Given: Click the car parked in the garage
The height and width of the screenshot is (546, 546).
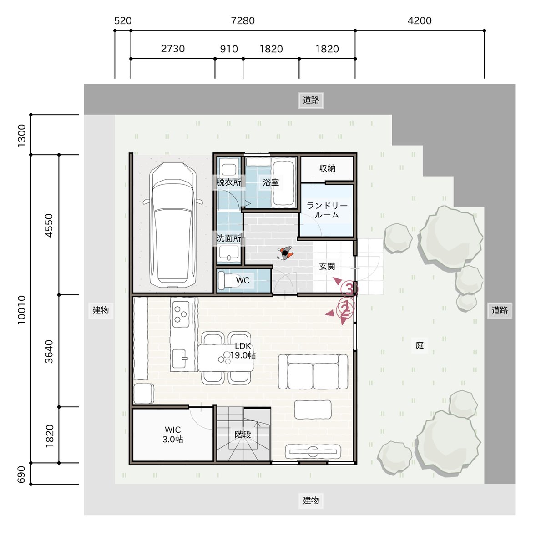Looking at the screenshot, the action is pos(172,225).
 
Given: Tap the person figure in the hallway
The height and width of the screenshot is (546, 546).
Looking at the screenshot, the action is pos(285,253).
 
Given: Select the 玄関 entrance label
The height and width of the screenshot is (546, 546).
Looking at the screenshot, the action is pos(327,266).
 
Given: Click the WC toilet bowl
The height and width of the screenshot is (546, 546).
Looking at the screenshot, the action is pos(228,280).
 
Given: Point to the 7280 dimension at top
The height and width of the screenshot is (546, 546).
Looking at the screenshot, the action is pos(243,20).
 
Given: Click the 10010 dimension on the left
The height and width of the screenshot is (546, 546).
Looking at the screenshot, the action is pos(21,310).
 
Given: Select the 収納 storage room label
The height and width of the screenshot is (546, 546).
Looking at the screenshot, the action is pos(327,168).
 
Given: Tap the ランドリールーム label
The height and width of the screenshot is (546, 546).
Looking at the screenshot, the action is pos(327,210).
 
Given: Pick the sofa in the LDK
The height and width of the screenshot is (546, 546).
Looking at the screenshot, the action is pos(313,371).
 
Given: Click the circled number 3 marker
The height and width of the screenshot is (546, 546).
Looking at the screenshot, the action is pos(349,289).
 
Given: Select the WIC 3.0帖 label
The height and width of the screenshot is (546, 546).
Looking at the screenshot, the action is pos(172,435).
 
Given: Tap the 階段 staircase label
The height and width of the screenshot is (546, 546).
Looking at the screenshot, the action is pos(243,435).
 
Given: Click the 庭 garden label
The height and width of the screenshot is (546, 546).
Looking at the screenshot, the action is pos(420,345).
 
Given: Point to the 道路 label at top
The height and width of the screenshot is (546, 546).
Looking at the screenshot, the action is pos(311,100).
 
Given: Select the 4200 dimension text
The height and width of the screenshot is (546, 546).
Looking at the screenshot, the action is pos(420,20).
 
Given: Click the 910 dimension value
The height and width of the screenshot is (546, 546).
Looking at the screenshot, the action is pos(229,49).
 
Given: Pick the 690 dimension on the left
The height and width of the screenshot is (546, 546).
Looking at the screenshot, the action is pos(21,474).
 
